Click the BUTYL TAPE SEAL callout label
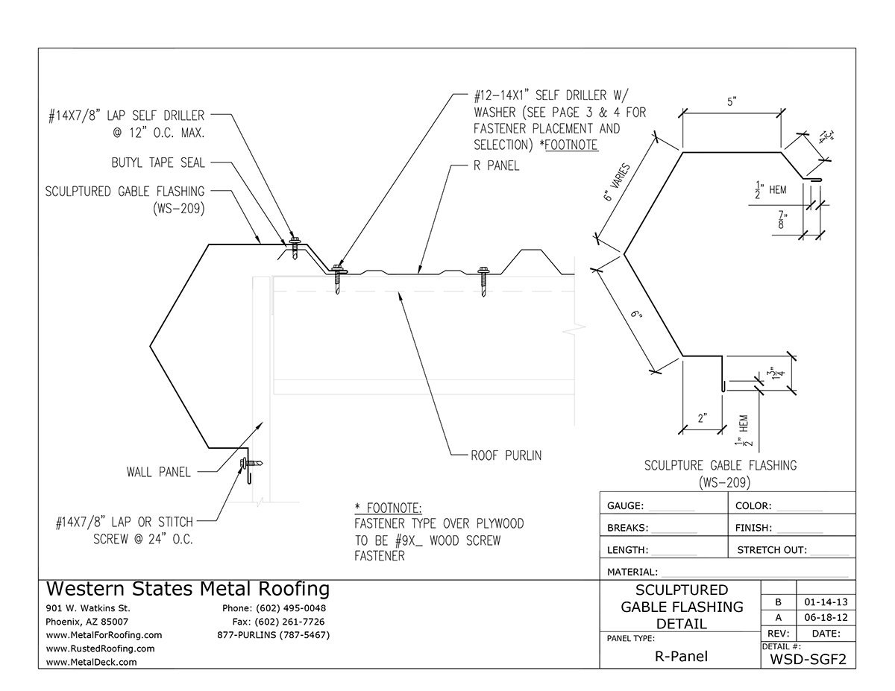pos(157,163)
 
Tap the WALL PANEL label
pos(158,472)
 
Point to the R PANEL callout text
pos(496,166)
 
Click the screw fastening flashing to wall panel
pos(249,464)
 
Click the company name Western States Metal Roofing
pos(188,589)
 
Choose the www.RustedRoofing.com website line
pos(100,649)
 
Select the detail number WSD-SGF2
pos(807,658)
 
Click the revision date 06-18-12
pos(826,618)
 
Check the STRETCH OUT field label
pos(771,550)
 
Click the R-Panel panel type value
pos(679,657)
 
